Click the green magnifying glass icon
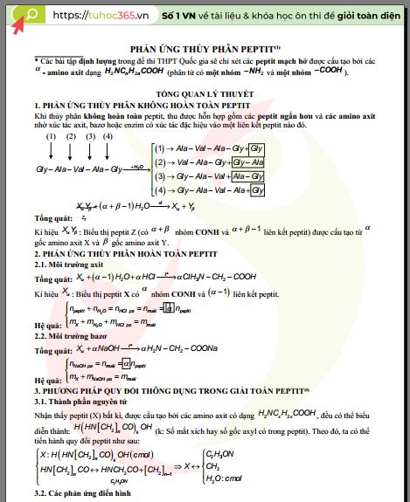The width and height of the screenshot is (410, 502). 31,15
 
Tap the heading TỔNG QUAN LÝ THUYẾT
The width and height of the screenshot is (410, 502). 205,92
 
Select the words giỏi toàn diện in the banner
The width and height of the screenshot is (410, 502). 358,16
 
